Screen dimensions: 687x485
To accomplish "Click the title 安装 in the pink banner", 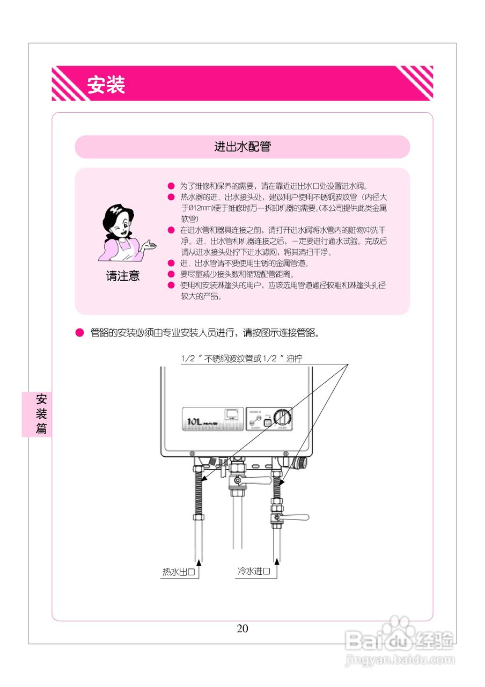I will click(106, 85).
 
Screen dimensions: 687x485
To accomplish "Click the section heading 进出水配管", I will click(242, 147).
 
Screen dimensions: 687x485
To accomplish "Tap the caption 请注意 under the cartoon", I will click(123, 276).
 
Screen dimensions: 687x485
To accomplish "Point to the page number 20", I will click(242, 628).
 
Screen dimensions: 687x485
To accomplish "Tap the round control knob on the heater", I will click(282, 417).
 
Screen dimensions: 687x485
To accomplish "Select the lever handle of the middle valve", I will click(258, 483).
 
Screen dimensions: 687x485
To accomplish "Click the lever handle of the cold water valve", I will click(296, 517).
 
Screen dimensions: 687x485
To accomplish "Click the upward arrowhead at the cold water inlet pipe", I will click(277, 562).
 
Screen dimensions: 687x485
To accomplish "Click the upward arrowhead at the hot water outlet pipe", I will click(199, 562).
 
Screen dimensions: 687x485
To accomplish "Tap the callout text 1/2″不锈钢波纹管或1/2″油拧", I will click(245, 359).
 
